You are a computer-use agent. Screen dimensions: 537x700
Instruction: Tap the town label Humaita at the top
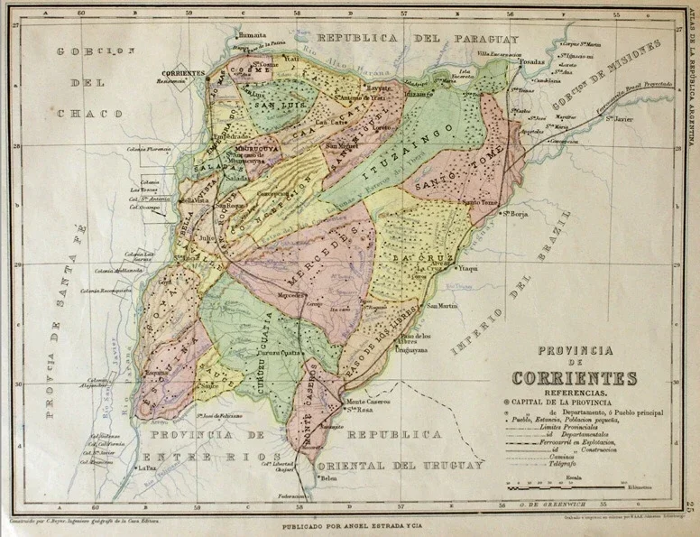coord(252,35)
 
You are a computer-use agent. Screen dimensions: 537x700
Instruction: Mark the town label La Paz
coord(146,469)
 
